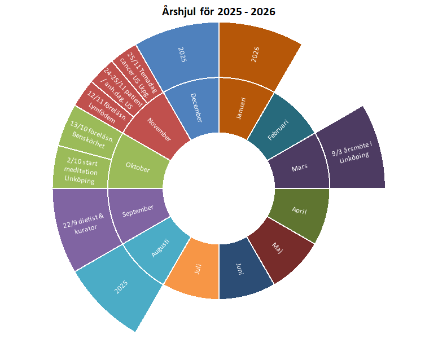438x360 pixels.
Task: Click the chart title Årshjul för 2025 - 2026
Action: point(218,11)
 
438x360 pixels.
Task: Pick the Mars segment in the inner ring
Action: point(299,168)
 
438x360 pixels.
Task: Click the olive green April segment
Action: point(299,210)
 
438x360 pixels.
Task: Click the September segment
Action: point(138,209)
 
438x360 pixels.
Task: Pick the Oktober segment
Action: point(138,168)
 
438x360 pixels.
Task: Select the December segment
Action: point(195,107)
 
